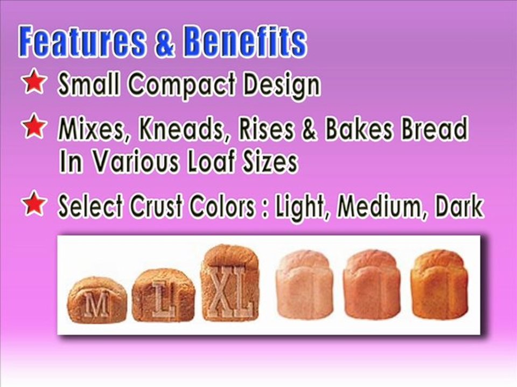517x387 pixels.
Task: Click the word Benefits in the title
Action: [x=244, y=42]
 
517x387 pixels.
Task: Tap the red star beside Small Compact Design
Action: [x=33, y=84]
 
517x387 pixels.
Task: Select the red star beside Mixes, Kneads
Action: [x=33, y=127]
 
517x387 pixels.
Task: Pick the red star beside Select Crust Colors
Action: [x=33, y=204]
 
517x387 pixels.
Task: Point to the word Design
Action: [x=285, y=85]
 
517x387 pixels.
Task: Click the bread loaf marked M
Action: [x=97, y=300]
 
